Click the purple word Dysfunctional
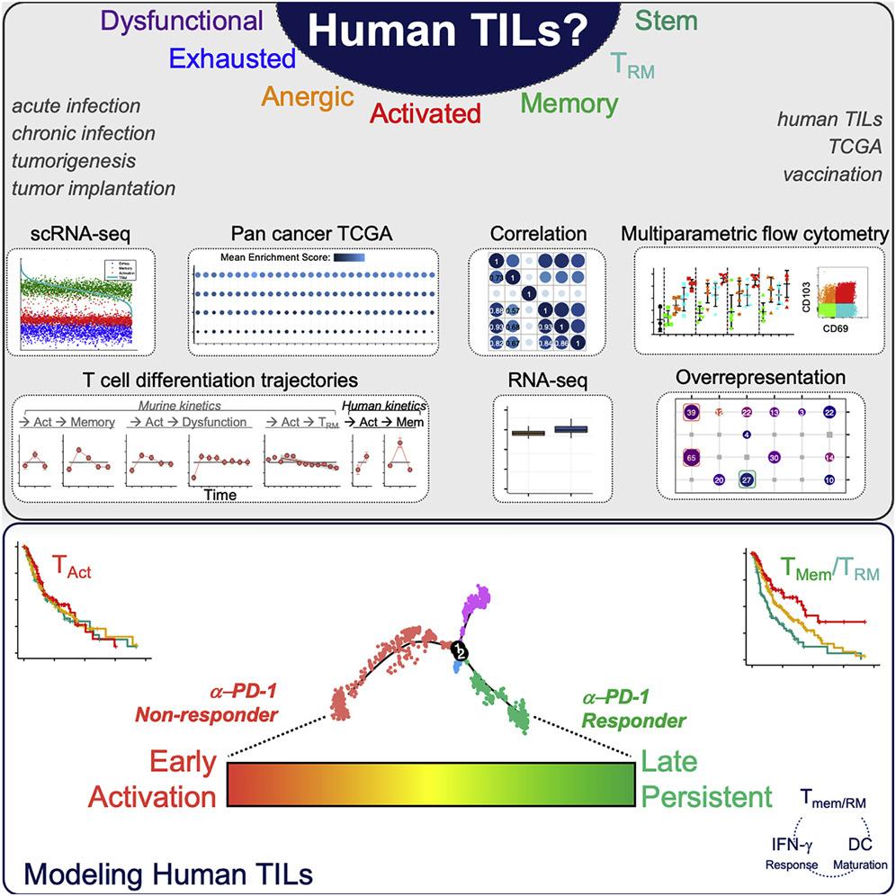tap(184, 21)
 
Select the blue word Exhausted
tap(232, 59)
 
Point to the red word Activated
tap(426, 112)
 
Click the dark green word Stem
tap(667, 20)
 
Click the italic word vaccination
tap(831, 174)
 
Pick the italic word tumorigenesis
tap(74, 160)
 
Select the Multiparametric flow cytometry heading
tap(753, 234)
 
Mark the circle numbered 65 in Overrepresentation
tap(691, 457)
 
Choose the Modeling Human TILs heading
tap(165, 871)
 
